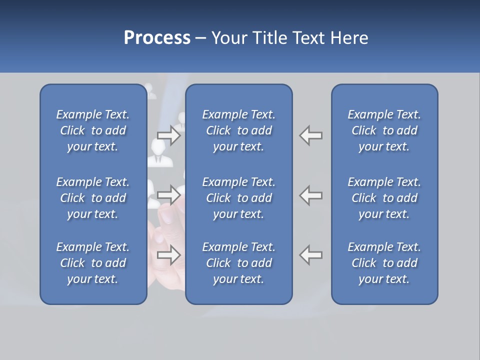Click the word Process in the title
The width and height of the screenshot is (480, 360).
tap(157, 38)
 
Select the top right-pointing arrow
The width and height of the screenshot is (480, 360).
tap(169, 135)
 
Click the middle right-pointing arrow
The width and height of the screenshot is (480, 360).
tap(169, 193)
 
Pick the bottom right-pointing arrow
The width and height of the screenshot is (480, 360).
tap(169, 254)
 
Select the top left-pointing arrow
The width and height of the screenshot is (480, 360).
tap(310, 135)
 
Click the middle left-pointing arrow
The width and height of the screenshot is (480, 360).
tap(310, 194)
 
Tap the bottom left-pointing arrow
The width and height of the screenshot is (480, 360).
tap(310, 254)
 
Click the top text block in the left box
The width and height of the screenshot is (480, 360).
tap(93, 130)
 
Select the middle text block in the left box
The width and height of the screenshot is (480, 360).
tap(93, 198)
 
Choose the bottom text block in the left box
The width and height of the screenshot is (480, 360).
tap(93, 263)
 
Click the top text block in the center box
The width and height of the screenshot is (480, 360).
tap(238, 130)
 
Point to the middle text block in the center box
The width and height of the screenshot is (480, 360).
tap(238, 198)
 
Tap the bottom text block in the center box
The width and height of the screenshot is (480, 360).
tap(238, 263)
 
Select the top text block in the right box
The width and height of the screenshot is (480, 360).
tap(384, 130)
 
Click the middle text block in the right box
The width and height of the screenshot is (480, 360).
tap(384, 198)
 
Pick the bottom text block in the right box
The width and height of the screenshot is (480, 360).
tap(384, 263)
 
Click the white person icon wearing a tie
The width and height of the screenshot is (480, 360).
tap(158, 152)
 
